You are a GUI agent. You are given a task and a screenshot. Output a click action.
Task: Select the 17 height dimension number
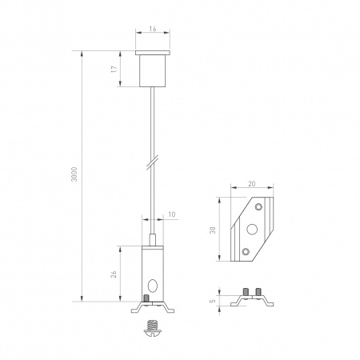(x=114, y=70)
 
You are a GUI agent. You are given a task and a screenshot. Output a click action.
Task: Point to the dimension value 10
(x=172, y=214)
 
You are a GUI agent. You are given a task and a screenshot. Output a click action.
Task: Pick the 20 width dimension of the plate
(x=251, y=183)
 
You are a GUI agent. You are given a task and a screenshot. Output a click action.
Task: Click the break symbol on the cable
(x=150, y=163)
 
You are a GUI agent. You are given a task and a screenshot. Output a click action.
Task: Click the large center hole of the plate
(x=252, y=230)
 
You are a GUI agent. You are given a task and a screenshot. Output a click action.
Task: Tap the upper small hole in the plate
(x=258, y=206)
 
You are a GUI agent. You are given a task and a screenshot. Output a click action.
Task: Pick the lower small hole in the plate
(x=245, y=253)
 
